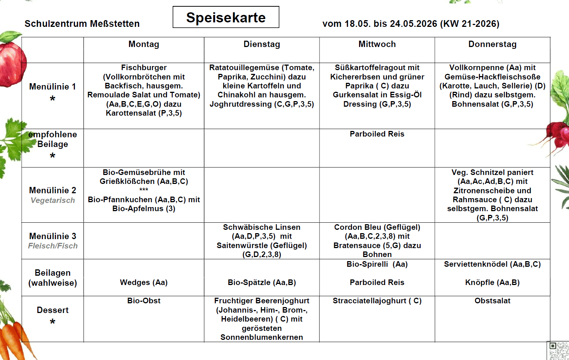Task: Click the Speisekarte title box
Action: (226, 17)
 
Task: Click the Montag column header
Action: (144, 44)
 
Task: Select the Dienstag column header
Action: (261, 44)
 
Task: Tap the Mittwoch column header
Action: (377, 44)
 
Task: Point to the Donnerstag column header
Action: (492, 44)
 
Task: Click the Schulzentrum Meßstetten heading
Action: (82, 24)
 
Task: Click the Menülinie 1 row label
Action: (53, 87)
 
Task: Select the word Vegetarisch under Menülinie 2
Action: (53, 200)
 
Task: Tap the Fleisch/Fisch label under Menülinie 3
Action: (53, 246)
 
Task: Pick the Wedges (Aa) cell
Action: (144, 282)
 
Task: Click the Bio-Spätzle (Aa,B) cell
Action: (262, 282)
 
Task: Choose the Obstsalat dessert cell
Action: (492, 301)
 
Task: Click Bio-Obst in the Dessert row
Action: (144, 301)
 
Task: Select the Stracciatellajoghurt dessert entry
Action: (377, 301)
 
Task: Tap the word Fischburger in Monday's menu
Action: (144, 68)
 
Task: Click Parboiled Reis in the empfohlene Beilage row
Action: (377, 134)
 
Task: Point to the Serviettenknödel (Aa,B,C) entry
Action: (492, 264)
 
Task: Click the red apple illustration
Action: (11, 62)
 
